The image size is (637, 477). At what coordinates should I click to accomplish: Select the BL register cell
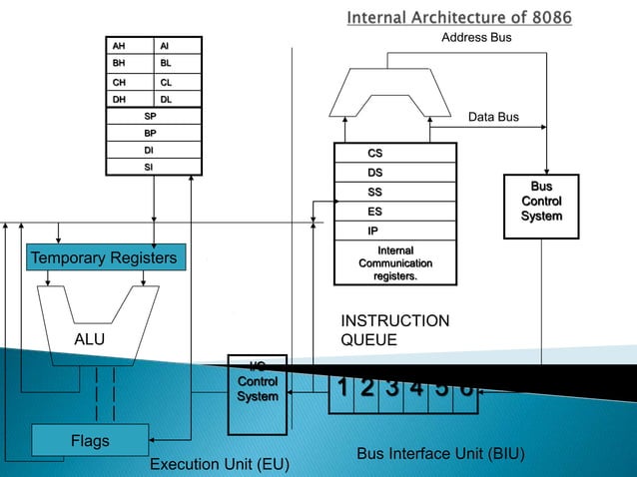click(x=178, y=63)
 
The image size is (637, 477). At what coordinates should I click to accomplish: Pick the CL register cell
click(x=178, y=82)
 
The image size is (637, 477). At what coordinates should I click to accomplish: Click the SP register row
click(x=154, y=116)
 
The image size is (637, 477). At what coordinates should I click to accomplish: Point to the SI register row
click(x=154, y=166)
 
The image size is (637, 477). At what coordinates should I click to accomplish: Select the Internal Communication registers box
click(x=394, y=262)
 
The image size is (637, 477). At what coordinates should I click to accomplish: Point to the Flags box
click(x=90, y=440)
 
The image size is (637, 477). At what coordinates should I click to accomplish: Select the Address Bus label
click(x=476, y=38)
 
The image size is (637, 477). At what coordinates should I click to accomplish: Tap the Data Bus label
click(x=493, y=117)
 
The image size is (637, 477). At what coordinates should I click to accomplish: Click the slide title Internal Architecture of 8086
click(x=459, y=17)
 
